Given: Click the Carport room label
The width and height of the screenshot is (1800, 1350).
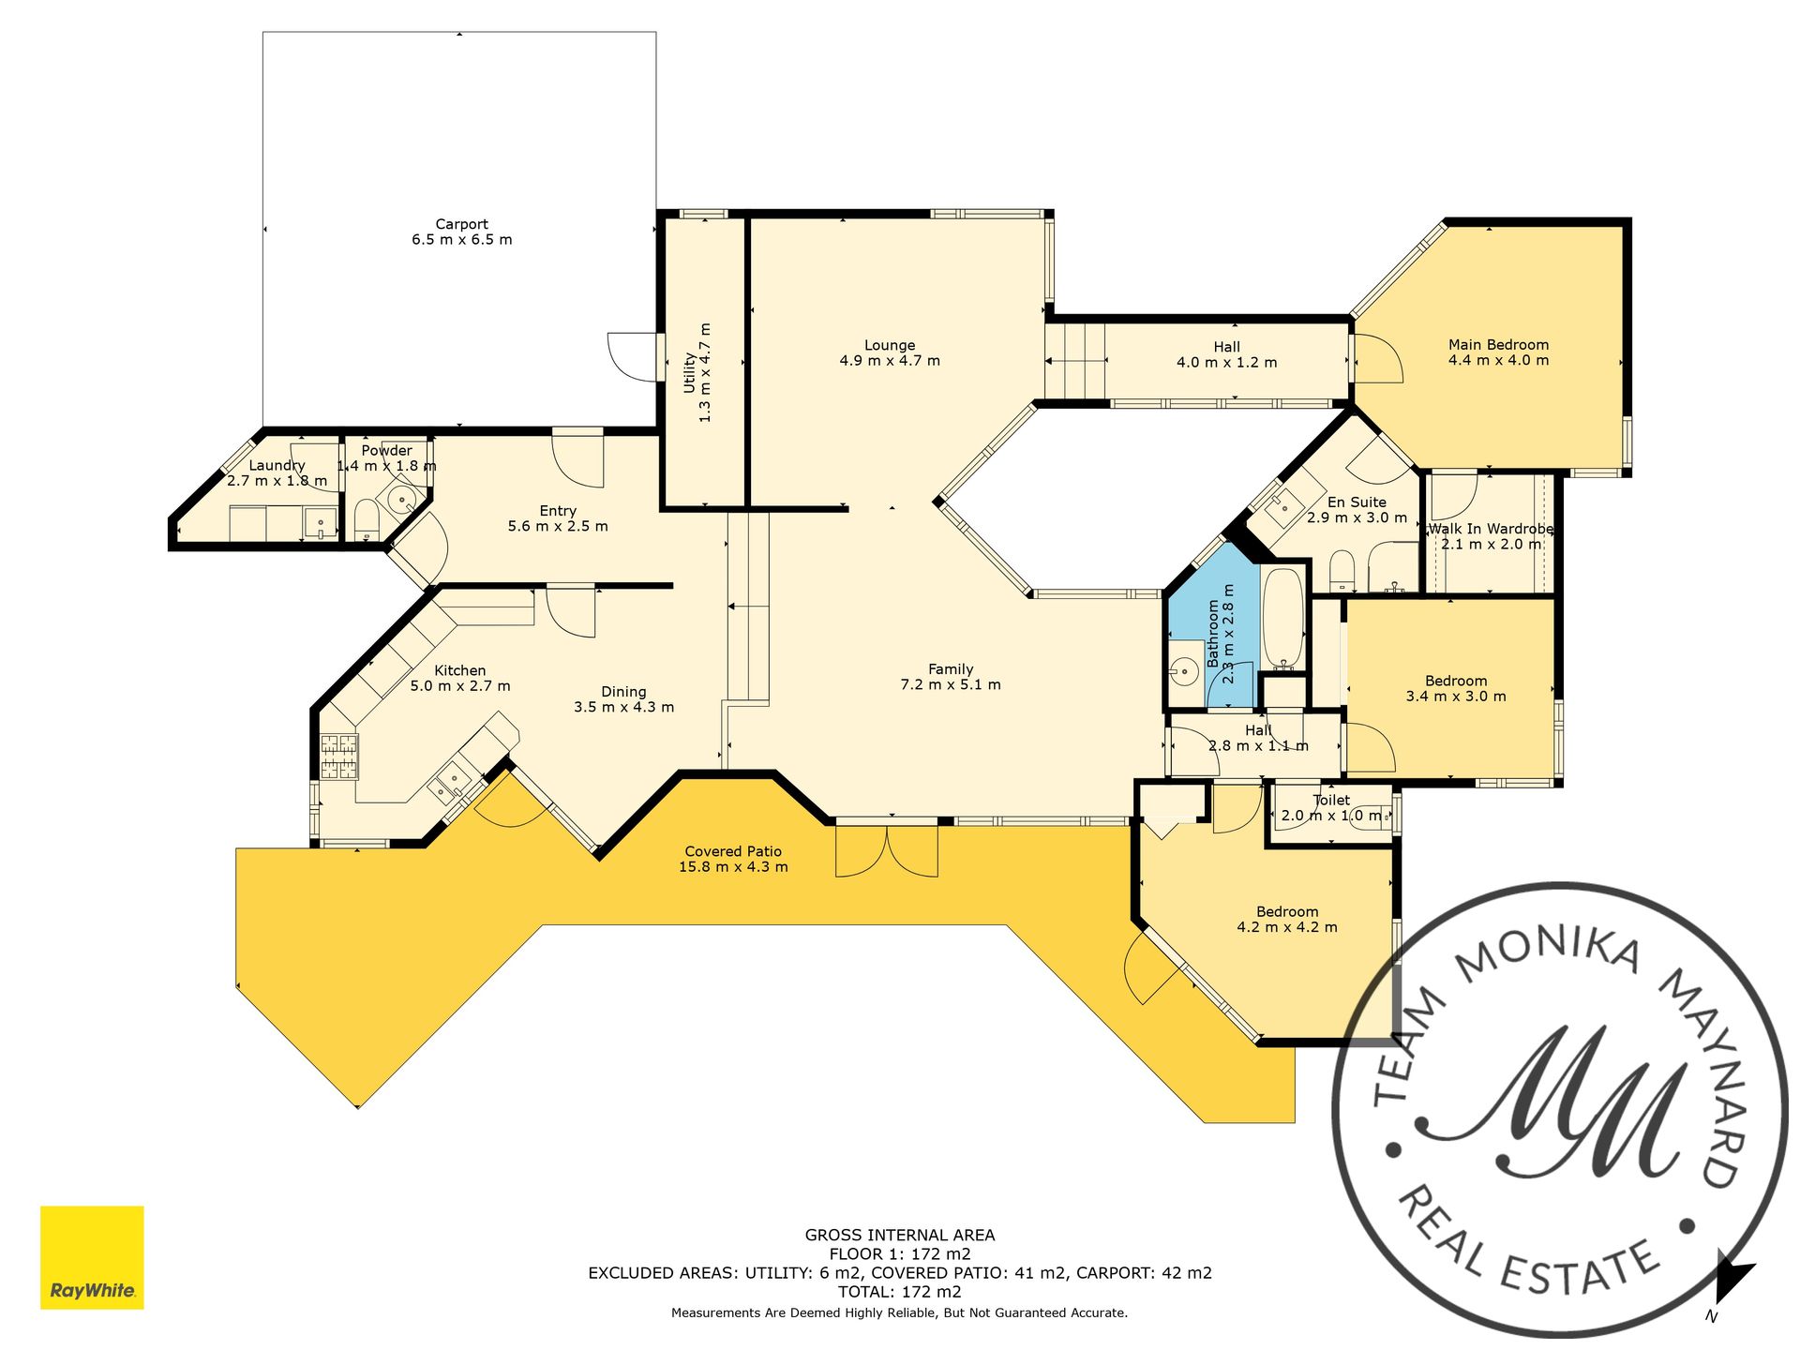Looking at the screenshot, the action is click(x=461, y=224).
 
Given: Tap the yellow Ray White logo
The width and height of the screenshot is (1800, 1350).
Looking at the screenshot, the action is click(x=92, y=1257).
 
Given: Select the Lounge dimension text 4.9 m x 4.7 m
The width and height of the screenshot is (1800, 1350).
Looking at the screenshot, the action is click(x=890, y=361).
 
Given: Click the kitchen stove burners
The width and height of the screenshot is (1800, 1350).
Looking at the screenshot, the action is click(x=339, y=757).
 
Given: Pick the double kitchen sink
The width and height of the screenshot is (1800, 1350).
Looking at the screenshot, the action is click(x=450, y=782).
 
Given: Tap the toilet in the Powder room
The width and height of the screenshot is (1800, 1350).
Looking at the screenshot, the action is click(x=366, y=519).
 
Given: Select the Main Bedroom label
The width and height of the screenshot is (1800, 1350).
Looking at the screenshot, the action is click(x=1498, y=345).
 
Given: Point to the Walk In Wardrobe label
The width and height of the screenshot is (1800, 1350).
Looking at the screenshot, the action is click(x=1491, y=529).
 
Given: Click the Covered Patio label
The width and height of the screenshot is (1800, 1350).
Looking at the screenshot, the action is click(x=733, y=851).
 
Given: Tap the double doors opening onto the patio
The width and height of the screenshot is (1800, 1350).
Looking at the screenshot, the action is click(x=887, y=849).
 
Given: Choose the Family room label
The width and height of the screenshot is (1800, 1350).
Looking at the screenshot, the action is click(x=951, y=669).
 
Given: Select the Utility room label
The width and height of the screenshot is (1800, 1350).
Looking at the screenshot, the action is click(x=690, y=372).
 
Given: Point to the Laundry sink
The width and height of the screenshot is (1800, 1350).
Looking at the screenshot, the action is click(x=321, y=523).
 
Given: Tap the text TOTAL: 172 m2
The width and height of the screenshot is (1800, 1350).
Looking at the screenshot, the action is click(x=900, y=1292).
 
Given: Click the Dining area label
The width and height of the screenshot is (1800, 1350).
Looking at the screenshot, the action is click(x=623, y=692).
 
